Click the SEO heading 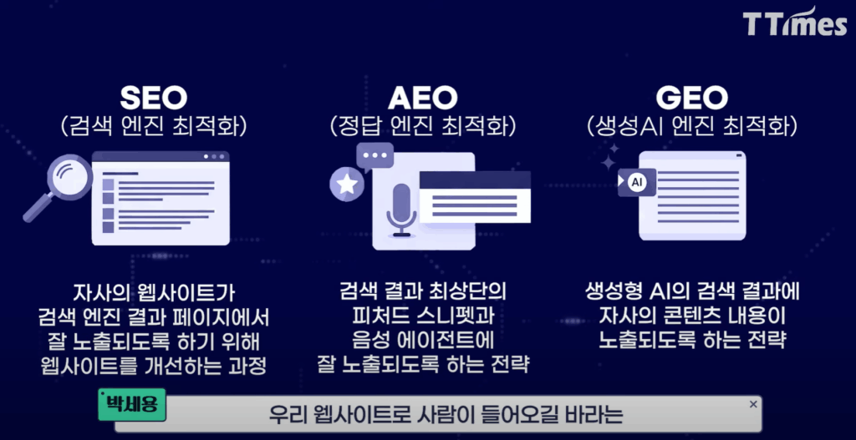click(155, 98)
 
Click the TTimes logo click(795, 23)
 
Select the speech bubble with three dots click(374, 156)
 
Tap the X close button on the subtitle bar click(752, 404)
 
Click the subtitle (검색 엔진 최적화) click(156, 127)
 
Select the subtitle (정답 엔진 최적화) click(422, 127)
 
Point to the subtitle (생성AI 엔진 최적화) click(691, 127)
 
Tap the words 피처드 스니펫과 click(423, 316)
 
